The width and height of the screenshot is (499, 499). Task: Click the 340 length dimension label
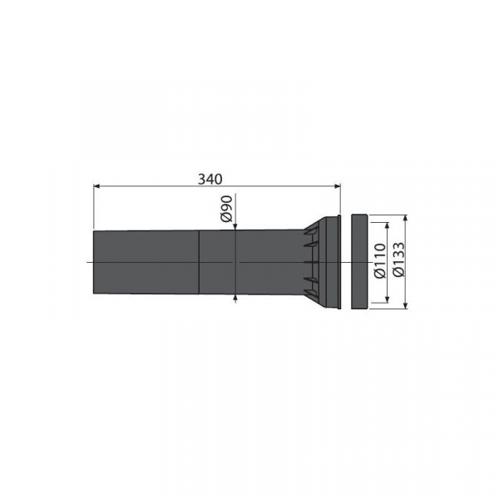210,179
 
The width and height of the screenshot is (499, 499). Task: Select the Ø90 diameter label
226,209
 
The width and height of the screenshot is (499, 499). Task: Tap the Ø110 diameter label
380,261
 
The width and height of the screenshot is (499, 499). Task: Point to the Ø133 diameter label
398,259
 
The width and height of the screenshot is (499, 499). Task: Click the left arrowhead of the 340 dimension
96,186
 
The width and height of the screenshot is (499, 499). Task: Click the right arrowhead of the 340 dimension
338,186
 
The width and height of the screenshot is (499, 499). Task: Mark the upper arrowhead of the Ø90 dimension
235,226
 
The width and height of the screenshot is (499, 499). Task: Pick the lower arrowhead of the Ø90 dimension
235,298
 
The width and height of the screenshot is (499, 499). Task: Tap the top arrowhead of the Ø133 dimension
405,219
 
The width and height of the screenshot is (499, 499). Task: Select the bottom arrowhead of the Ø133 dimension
405,305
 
